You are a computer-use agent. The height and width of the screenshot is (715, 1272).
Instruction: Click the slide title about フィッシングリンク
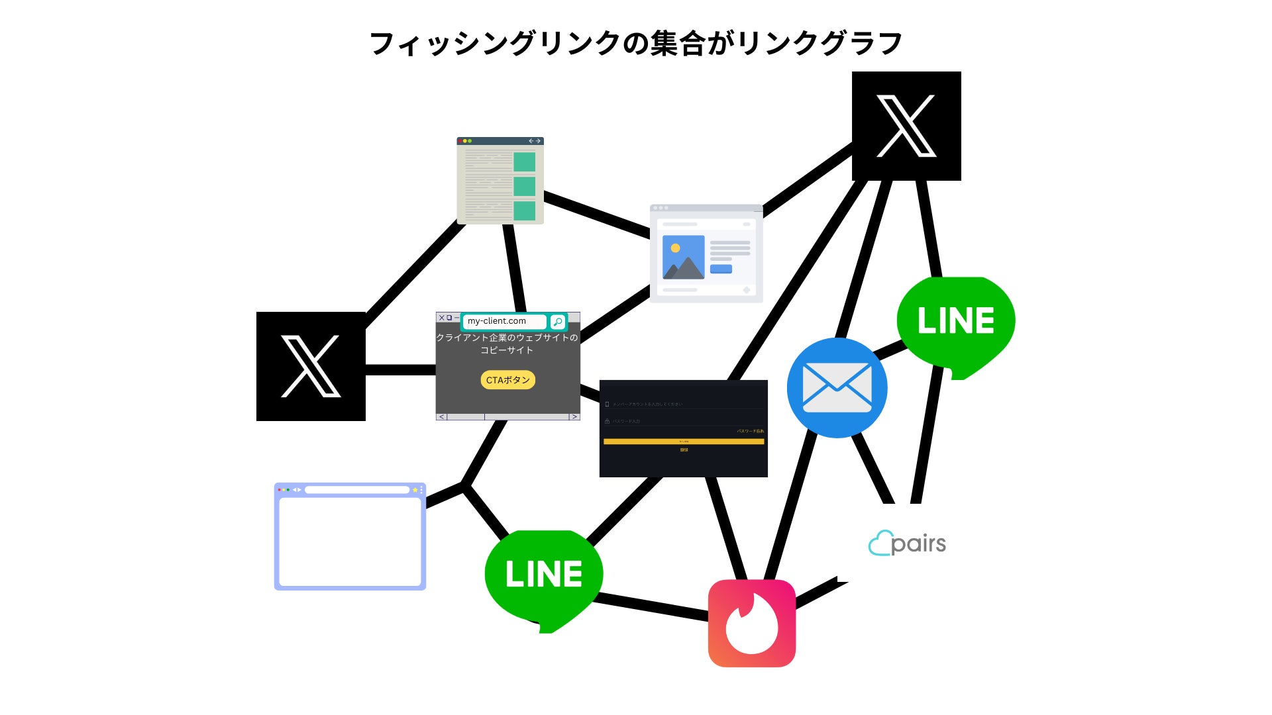(636, 44)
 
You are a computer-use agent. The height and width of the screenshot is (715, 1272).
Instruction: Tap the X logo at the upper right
(906, 126)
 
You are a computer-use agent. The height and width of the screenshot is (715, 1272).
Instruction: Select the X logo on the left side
(311, 366)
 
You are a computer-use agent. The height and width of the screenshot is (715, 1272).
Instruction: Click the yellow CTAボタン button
(507, 380)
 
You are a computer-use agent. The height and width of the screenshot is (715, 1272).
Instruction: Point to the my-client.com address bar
(503, 321)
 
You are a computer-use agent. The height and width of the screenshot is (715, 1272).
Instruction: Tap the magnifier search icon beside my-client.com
(558, 322)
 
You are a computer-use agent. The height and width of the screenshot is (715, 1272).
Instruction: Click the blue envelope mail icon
(837, 387)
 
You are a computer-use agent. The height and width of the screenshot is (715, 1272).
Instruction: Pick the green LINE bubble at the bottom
(543, 575)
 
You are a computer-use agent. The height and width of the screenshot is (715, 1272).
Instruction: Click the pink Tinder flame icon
(751, 623)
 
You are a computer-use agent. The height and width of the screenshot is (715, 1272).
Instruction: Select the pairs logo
(907, 544)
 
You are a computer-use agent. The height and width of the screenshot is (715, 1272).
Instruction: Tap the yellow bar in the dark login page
(683, 442)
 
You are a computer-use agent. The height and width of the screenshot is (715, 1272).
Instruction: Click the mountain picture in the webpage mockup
(683, 257)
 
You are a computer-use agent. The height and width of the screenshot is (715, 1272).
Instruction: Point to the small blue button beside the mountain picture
(721, 269)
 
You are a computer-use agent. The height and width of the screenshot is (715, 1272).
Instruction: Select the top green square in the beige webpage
(524, 162)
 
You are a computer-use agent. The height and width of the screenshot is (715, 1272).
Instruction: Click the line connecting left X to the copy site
(400, 369)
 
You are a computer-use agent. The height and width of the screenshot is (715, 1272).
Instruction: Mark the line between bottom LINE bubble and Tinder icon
(653, 608)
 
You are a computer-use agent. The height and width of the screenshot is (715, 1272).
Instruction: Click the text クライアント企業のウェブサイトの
(507, 338)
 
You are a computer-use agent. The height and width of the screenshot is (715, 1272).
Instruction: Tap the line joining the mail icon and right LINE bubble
(890, 348)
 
